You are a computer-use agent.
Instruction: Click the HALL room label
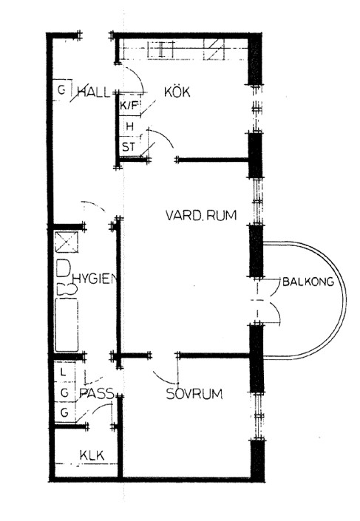point(93,92)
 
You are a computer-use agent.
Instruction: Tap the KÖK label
point(177,92)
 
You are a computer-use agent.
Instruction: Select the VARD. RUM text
point(201,215)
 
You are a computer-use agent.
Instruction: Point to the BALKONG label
point(308,282)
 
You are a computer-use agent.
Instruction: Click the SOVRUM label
point(194,394)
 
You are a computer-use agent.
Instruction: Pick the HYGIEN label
point(96,279)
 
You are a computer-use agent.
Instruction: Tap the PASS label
point(97,393)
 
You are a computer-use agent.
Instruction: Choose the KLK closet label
point(92,455)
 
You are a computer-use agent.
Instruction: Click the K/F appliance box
point(129,106)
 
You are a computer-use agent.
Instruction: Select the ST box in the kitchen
point(129,146)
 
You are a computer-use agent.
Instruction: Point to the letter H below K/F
point(130,126)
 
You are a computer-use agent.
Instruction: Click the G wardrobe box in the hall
point(62,90)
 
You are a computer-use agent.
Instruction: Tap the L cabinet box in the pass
point(64,372)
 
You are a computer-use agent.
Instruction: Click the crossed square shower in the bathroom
point(67,242)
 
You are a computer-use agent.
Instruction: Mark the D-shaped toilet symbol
point(63,268)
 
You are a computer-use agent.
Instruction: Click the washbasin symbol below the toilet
point(67,288)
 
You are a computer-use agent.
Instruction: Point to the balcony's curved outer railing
point(344,301)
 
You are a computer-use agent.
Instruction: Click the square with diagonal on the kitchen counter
point(214,50)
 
